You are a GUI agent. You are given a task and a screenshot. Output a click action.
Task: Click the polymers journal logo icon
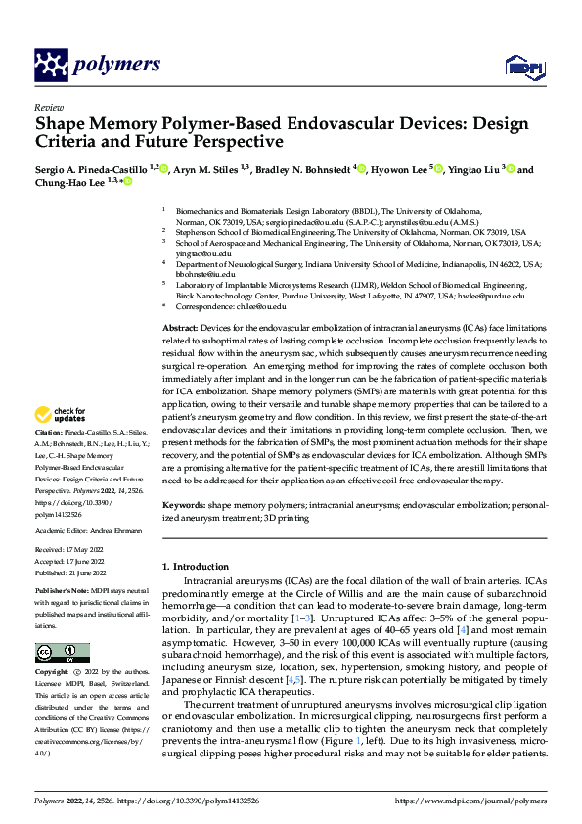tap(51, 66)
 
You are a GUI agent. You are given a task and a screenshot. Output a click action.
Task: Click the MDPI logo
tap(517, 66)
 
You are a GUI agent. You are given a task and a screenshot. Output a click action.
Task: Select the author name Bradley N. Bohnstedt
tap(303, 170)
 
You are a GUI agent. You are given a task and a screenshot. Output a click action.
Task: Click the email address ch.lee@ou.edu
tap(258, 306)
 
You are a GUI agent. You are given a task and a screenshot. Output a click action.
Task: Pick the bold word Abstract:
tap(179, 327)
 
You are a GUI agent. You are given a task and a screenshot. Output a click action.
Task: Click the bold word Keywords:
tap(182, 505)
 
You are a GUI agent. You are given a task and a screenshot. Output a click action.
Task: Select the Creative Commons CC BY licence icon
tap(62, 653)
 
